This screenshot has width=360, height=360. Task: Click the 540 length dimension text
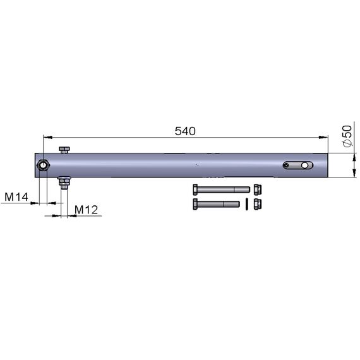pos(185,131)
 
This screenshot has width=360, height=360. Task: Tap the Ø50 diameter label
pos(347,136)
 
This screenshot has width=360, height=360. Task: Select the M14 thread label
pos(16,197)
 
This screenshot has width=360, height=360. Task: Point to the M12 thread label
pos(87,210)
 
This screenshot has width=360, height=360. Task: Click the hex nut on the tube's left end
pos(43,165)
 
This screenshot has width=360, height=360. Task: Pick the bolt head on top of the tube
pos(64,150)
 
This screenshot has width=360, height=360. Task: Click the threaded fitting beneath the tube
pos(64,183)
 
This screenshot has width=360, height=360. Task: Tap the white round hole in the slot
pos(304,165)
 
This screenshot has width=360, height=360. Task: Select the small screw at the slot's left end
pos(286,165)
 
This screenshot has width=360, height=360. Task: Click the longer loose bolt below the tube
pos(221,189)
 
